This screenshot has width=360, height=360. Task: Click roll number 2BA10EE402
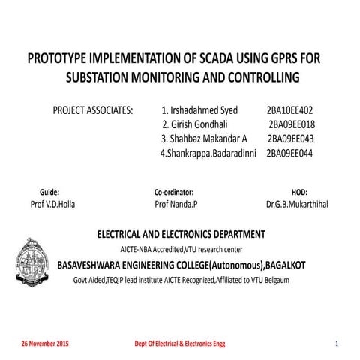pos(289,109)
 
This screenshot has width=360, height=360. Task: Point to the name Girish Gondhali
pos(195,124)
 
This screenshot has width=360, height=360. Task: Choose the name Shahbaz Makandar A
pos(203,139)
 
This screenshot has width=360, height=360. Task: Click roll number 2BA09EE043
pos(290,139)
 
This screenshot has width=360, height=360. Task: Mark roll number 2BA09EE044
pos(289,154)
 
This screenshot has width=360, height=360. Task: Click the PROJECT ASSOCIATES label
pos(91,109)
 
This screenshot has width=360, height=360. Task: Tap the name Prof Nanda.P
pos(175,204)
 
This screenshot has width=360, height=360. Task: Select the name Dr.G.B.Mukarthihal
pos(301,204)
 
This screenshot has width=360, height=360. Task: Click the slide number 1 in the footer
pos(337,343)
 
